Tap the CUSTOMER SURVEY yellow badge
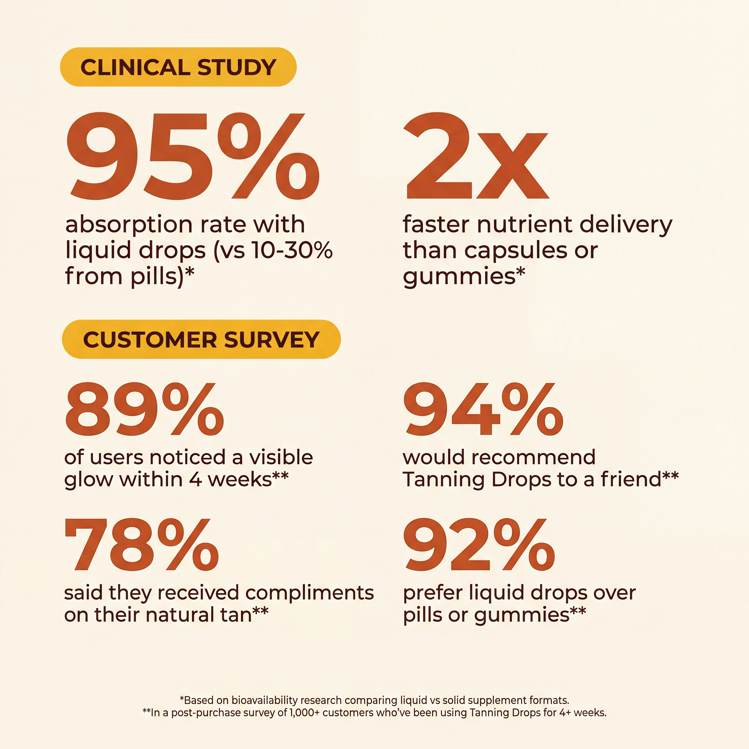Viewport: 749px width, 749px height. pos(201,340)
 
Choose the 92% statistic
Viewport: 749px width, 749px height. pos(479,545)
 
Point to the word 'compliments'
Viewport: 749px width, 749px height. pos(309,593)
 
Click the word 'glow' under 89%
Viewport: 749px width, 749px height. pos(90,480)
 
